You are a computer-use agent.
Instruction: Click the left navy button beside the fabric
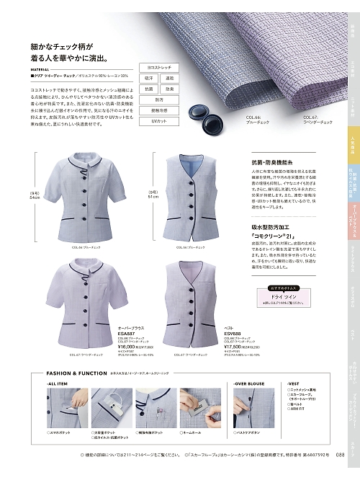[x=194, y=112]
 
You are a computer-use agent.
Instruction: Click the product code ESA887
[x=127, y=333]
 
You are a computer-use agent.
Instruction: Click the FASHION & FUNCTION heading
[x=67, y=374]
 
